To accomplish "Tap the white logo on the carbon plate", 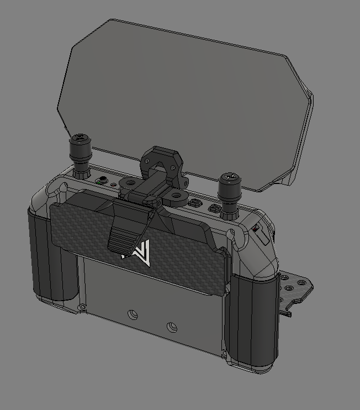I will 137,253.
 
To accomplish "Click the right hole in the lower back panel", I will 172,327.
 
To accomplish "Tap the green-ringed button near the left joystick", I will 102,181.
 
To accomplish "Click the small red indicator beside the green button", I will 114,185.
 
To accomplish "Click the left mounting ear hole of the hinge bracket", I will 129,182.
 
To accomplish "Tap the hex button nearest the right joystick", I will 214,209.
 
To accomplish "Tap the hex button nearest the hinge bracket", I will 194,203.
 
